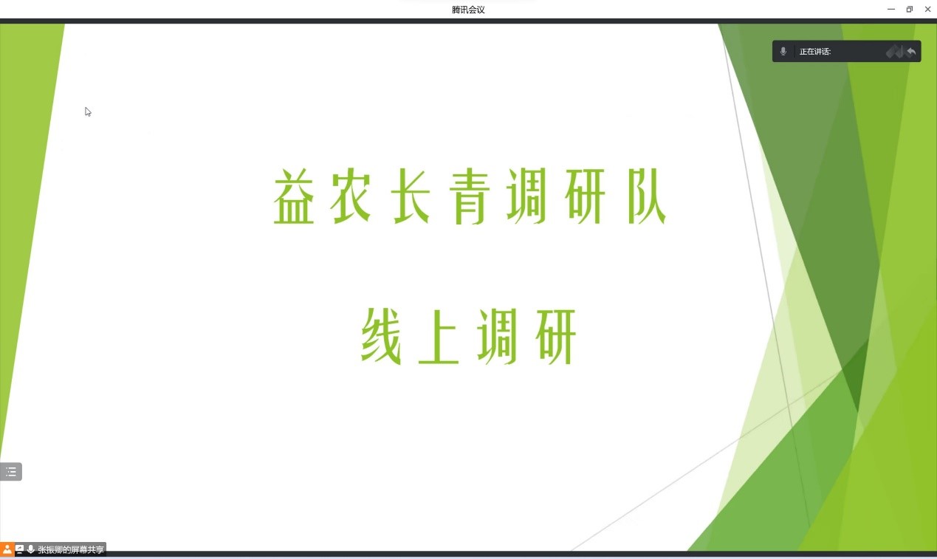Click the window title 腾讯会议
click(x=468, y=10)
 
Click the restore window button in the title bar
click(x=910, y=9)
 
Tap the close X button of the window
click(x=927, y=9)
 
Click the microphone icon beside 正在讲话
click(x=783, y=51)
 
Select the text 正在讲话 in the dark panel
click(x=814, y=52)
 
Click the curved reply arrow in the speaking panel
click(x=911, y=52)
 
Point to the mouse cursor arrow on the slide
click(x=88, y=112)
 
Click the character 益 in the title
click(x=294, y=196)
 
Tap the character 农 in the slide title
click(x=351, y=196)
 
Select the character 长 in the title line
click(x=411, y=196)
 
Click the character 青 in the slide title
click(x=469, y=196)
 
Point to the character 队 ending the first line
click(x=646, y=196)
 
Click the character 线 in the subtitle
click(x=381, y=337)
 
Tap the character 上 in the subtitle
click(x=439, y=337)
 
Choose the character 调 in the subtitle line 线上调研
click(x=498, y=337)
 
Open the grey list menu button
click(x=11, y=472)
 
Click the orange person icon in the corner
click(x=7, y=549)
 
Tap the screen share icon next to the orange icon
click(x=19, y=549)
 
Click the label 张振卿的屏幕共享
click(x=71, y=549)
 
